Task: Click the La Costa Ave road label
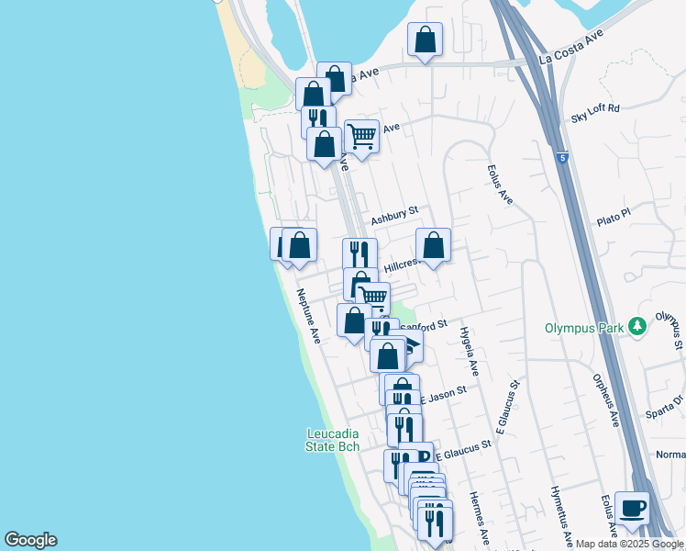click(571, 47)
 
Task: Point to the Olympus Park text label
click(584, 327)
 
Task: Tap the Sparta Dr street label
click(666, 403)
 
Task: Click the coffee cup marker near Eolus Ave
click(633, 508)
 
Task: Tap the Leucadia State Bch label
click(332, 440)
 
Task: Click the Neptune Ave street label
click(307, 317)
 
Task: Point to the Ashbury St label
click(394, 220)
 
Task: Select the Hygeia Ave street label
click(470, 350)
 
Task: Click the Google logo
click(30, 540)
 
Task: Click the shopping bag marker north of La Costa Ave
click(425, 39)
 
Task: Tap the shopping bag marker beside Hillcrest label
click(434, 245)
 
